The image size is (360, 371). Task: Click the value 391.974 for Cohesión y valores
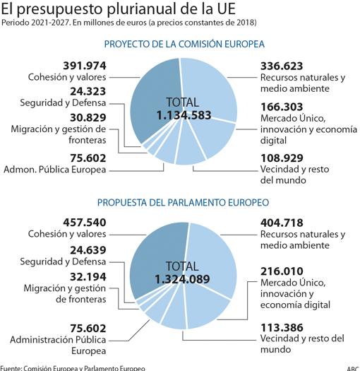pos(85,66)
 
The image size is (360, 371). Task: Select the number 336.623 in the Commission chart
pos(282,66)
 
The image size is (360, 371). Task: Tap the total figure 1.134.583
pos(184,115)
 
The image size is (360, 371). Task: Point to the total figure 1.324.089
pos(182,279)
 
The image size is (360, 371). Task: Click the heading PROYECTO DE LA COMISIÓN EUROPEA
pos(184,45)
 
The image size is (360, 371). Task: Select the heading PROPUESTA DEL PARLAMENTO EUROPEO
pos(184,203)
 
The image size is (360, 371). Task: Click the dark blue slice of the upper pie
pos(154,100)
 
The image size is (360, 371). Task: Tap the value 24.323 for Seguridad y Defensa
pos(88,91)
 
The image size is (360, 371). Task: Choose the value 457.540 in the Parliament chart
pos(85,223)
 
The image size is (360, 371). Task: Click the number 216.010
pos(282,271)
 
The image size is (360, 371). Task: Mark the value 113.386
pos(282,327)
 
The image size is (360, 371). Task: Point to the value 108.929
pos(282,158)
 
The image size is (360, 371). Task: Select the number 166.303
pos(282,107)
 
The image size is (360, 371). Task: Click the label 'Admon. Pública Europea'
pos(55,170)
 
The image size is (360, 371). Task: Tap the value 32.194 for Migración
pos(88,277)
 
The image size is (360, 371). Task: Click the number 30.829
pos(88,117)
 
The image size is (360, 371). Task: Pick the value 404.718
pos(282,223)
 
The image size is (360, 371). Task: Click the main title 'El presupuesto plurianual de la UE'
pos(119,8)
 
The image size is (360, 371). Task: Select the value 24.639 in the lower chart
pos(88,250)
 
